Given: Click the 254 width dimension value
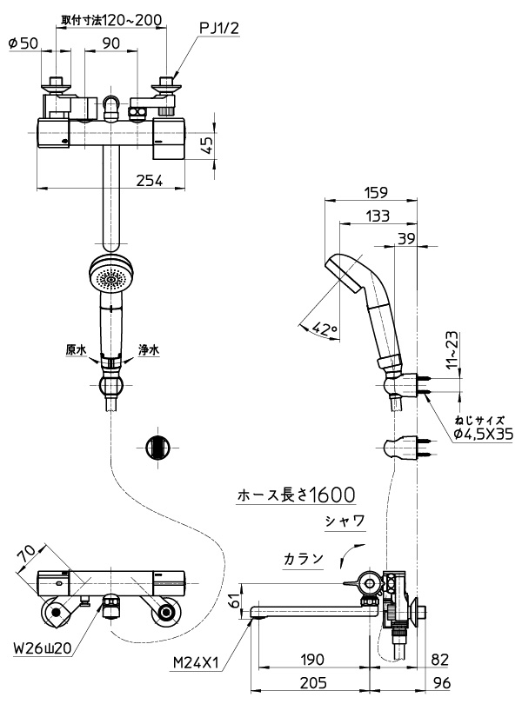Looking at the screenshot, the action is pos(150,181).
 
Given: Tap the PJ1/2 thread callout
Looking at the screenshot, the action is pos(219,29).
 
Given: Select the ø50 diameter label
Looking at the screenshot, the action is pos(23,43).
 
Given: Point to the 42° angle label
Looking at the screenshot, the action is pos(325,329).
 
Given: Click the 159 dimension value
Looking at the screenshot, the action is pos(377,192).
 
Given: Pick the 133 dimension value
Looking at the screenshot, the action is pos(378,216).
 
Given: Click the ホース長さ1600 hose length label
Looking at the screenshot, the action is pos(296,495).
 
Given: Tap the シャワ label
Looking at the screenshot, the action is pos(345,521).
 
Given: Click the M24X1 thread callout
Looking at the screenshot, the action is pos(196,662).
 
